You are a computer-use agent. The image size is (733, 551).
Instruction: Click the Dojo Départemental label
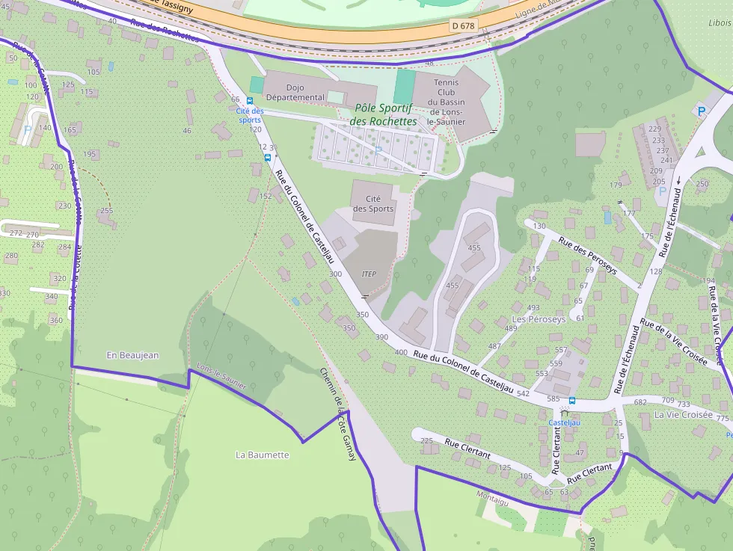point(295,91)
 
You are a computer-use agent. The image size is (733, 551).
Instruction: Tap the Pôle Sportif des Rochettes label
point(383,114)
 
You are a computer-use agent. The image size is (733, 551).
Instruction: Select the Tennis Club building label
point(446,102)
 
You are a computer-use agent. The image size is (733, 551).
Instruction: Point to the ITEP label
point(368,274)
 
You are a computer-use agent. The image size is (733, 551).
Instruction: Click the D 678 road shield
point(464,25)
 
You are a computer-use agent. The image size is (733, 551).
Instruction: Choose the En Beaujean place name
point(132,355)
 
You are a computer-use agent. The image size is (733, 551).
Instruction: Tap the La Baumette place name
point(262,455)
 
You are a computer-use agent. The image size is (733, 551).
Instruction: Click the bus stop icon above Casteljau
point(572,401)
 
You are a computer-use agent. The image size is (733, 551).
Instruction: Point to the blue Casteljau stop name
point(565,422)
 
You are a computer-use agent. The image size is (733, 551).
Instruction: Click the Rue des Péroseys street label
point(588,256)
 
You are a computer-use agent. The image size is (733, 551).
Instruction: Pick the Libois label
point(720,23)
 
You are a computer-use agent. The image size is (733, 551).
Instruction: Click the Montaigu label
point(492,495)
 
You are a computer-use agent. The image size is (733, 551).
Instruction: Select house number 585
point(553,399)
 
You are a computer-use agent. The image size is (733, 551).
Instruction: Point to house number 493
point(533,308)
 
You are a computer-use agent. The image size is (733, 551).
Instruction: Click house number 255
point(106,211)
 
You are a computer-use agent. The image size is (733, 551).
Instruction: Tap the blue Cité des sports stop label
point(249,115)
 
